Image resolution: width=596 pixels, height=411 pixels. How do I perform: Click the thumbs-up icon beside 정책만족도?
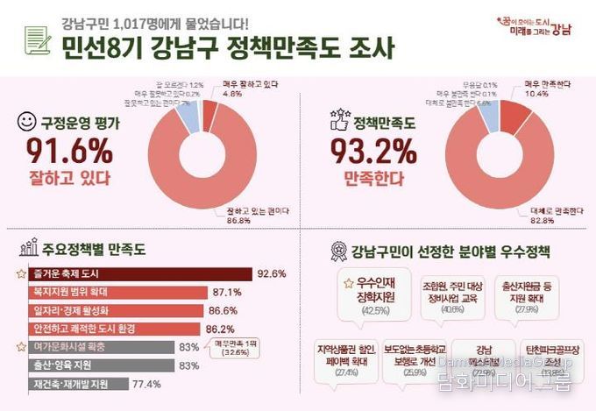point(337,122)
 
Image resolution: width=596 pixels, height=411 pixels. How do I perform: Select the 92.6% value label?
point(272,273)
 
